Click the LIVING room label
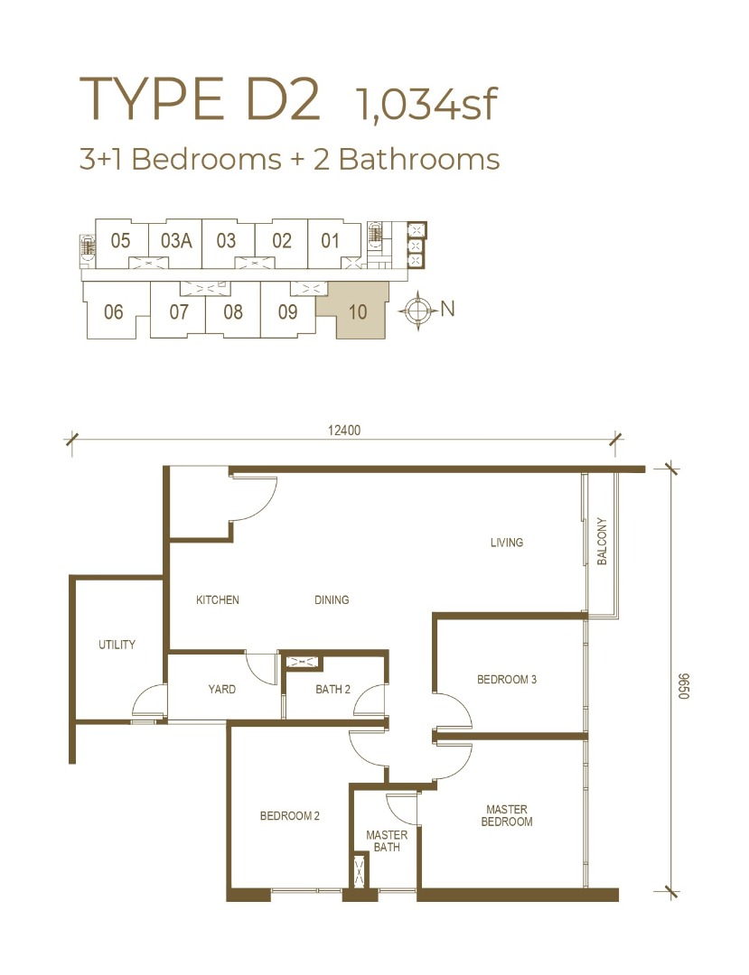506,543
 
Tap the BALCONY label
602,541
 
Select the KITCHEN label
217,600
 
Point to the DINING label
332,600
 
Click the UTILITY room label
117,645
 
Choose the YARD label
222,689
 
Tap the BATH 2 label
332,689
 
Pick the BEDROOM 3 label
506,680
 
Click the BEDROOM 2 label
290,816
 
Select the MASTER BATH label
387,841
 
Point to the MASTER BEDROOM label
507,816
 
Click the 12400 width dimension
344,431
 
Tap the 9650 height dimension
684,686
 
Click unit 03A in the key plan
176,241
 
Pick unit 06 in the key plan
113,311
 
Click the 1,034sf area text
426,105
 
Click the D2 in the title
283,98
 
